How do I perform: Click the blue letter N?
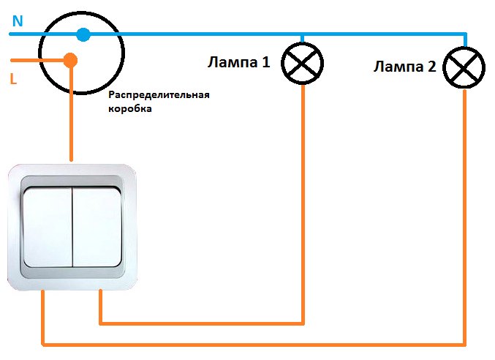tap(18, 20)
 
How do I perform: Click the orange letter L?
tap(13, 79)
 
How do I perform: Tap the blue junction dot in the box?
tap(83, 34)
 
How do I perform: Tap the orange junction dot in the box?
tap(70, 60)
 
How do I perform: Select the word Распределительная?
tap(159, 95)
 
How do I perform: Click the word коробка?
tap(130, 108)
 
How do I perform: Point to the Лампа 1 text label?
tap(239, 62)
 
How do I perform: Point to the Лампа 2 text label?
tap(405, 67)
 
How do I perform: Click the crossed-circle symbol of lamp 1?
tap(303, 63)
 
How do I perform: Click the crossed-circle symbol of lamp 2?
tap(464, 67)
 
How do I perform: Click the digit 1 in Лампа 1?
tap(266, 62)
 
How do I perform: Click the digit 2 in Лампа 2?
tap(432, 67)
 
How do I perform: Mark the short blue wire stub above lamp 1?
tap(303, 39)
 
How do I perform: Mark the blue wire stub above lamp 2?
tap(465, 40)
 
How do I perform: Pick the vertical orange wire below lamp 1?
tap(303, 204)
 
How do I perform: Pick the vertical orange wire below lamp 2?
tap(465, 218)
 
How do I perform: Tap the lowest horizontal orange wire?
tap(254, 345)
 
